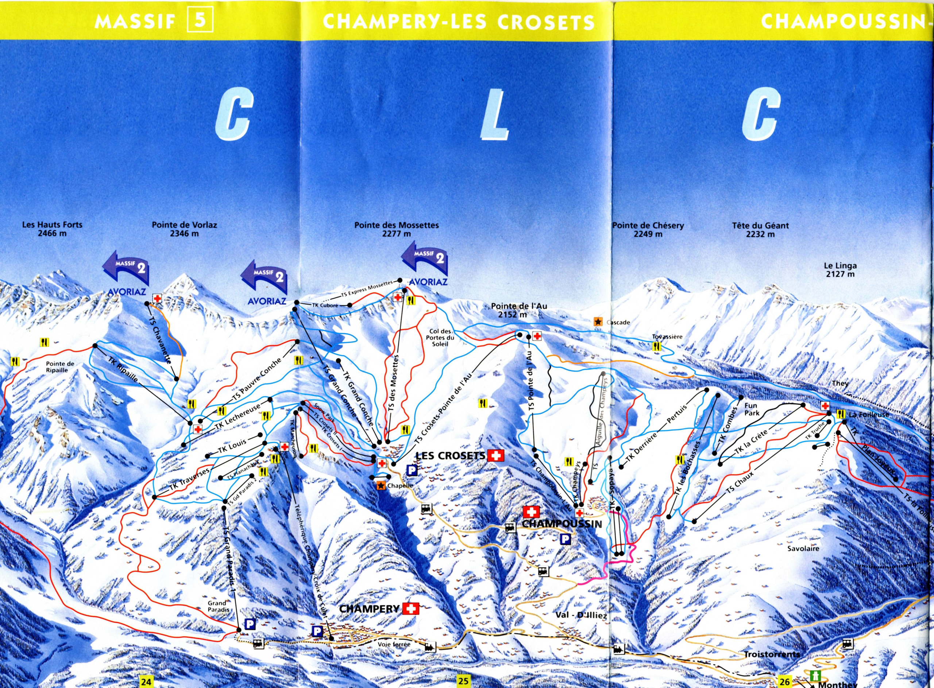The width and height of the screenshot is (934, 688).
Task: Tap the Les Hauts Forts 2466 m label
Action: point(52,229)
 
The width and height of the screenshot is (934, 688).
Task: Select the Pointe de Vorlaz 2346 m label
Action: point(184,229)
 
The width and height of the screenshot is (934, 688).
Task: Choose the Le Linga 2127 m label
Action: point(840,269)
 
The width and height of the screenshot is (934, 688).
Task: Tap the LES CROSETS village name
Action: point(451,456)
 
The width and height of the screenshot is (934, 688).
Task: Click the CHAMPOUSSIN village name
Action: point(562,524)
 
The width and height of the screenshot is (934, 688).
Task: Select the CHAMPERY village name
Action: point(369,609)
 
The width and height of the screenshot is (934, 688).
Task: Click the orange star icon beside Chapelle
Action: point(381,485)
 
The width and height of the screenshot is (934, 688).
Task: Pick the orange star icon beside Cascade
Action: point(598,322)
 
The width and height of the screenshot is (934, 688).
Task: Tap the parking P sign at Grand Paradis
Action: point(250,624)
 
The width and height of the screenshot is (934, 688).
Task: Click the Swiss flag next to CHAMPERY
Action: point(410,609)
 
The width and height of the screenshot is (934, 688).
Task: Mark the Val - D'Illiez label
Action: point(581,615)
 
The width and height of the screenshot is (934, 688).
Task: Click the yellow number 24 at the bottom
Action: point(146,682)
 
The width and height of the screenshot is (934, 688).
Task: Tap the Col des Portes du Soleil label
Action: point(440,338)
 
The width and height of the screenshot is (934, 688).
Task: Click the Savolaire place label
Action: point(803,548)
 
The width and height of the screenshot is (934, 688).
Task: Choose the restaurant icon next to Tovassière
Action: point(656,346)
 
